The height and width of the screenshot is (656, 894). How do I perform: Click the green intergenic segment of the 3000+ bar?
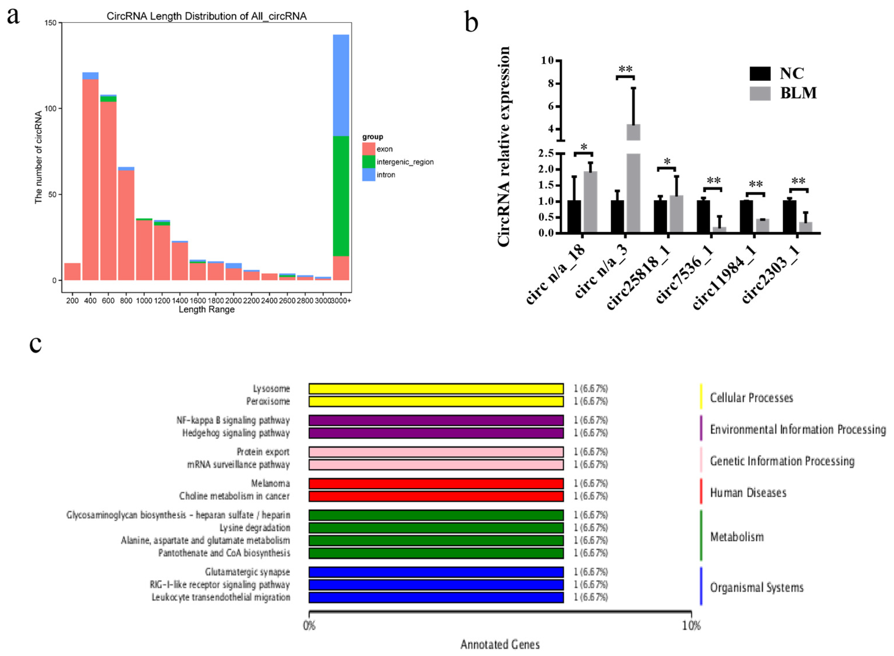point(341,196)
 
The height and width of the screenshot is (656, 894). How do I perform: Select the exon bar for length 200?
point(72,272)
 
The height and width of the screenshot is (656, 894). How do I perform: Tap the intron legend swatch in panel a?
point(368,175)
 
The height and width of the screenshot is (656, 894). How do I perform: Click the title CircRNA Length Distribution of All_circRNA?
point(207,16)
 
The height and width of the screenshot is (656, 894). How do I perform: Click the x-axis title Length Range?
point(207,310)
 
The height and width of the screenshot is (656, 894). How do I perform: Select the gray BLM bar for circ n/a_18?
point(590,203)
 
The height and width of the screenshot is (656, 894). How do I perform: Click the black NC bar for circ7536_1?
point(703,217)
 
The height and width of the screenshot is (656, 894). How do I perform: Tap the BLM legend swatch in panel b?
point(760,94)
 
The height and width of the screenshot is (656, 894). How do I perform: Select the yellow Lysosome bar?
point(436,389)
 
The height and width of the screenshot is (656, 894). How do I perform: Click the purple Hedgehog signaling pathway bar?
point(436,433)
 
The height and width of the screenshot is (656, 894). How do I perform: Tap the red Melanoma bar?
point(436,484)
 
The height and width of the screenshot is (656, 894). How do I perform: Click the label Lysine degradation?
point(255,528)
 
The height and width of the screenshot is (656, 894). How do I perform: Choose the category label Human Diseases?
point(748,493)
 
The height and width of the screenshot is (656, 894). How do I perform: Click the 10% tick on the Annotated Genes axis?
point(691,626)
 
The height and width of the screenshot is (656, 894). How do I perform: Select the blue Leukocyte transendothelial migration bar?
point(436,598)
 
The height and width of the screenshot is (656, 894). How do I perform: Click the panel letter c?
point(36,344)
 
